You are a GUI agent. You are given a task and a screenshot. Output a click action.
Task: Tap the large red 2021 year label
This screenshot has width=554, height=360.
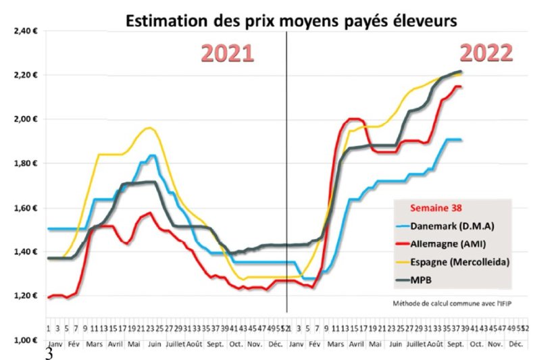tap(226, 53)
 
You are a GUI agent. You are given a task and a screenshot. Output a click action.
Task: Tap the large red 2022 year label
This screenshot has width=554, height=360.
tap(486, 52)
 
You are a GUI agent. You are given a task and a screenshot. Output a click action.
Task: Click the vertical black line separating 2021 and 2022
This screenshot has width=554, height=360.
tap(287, 169)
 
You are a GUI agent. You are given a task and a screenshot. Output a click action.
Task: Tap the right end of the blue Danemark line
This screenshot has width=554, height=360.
tap(461, 140)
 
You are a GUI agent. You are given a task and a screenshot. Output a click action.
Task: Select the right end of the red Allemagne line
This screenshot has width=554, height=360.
tap(461, 86)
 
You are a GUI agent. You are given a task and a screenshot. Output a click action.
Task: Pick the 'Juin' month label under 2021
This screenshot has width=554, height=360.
tap(155, 344)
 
